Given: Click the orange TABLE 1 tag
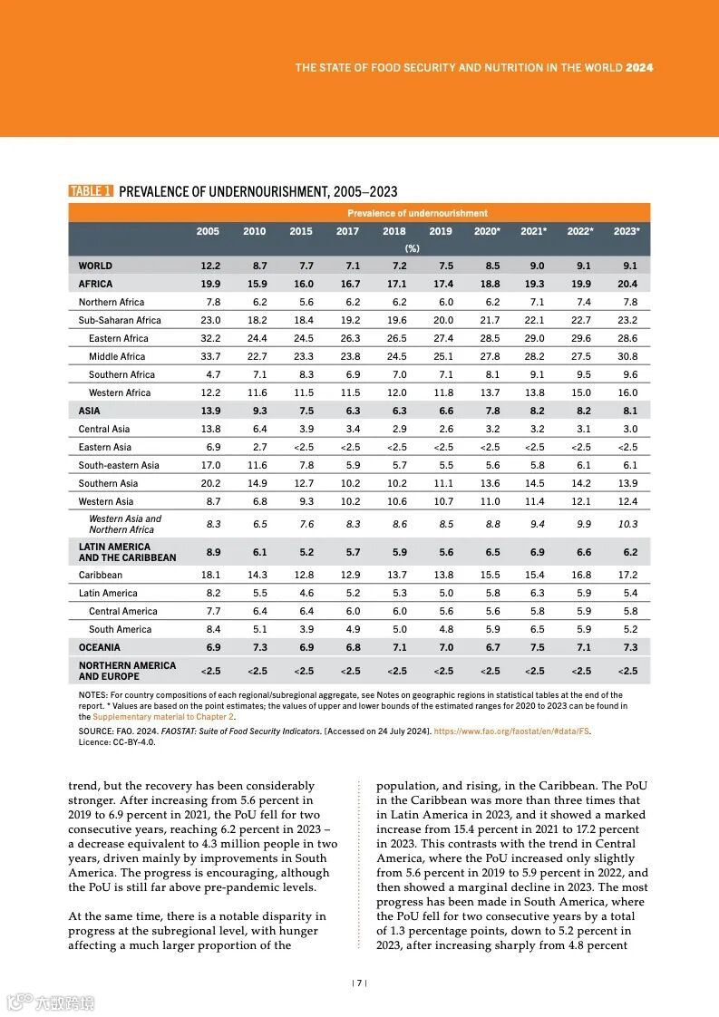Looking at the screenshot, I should click(91, 191).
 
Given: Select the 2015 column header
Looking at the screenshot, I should click(301, 231).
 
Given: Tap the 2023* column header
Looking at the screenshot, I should click(627, 231).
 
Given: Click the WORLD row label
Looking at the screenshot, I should click(95, 266).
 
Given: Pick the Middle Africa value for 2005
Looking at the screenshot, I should click(209, 356).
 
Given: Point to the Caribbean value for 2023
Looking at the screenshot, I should click(627, 575).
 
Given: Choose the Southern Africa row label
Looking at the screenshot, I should click(121, 374).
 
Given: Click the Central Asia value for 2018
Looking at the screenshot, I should click(396, 429).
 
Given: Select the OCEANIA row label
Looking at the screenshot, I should click(99, 647).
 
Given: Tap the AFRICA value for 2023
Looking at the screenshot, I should click(627, 284).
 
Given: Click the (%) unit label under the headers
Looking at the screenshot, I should click(413, 247).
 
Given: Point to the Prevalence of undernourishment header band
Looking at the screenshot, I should click(417, 213).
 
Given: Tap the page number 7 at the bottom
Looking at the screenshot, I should click(360, 983).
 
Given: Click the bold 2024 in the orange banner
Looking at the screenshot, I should click(639, 68).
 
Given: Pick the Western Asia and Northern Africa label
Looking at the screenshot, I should click(124, 524).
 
